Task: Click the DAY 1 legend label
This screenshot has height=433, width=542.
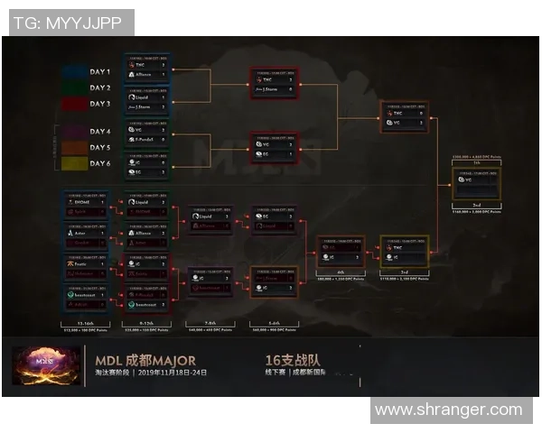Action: pyautogui.click(x=99, y=72)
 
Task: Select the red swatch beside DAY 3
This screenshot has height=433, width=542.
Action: pyautogui.click(x=75, y=105)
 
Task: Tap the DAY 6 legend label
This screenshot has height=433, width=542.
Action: pyautogui.click(x=99, y=164)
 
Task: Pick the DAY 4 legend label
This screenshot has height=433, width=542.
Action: pyautogui.click(x=99, y=132)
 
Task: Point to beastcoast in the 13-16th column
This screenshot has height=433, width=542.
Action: pyautogui.click(x=86, y=294)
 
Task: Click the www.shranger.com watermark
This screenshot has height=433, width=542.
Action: pyautogui.click(x=448, y=410)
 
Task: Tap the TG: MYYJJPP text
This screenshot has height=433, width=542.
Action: pyautogui.click(x=68, y=23)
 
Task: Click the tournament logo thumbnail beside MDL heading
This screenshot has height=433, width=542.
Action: pyautogui.click(x=36, y=365)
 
